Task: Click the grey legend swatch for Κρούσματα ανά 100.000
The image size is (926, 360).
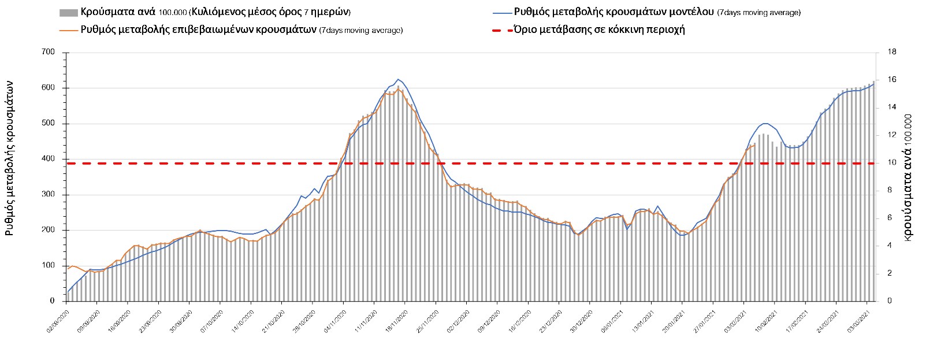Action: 68,12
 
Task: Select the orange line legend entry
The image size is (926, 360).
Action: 68,29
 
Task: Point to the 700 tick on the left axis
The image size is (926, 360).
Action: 48,53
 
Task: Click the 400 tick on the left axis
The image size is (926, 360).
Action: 48,159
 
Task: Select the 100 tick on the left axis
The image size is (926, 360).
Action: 48,266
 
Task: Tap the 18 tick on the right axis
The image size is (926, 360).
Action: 891,52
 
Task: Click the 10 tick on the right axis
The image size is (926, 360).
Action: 891,162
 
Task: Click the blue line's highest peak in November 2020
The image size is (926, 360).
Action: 398,79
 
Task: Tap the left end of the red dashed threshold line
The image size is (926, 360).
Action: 68,164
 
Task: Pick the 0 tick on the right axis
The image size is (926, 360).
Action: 889,301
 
